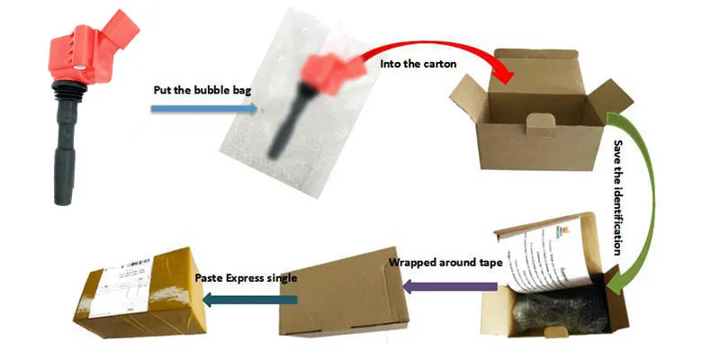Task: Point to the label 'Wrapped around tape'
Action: [x=442, y=264]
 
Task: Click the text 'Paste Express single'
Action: [x=245, y=278]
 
